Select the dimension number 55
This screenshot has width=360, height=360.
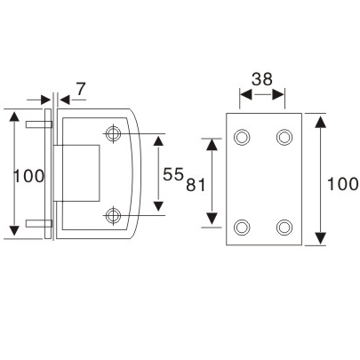click(x=173, y=175)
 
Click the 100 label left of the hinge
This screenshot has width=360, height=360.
click(x=28, y=176)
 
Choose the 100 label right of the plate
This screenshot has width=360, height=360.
click(x=342, y=184)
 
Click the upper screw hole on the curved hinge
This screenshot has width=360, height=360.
click(x=113, y=134)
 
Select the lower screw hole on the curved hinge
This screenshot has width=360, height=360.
click(x=113, y=214)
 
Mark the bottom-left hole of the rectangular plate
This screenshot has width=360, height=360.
click(x=242, y=226)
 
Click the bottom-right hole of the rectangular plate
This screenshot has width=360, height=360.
click(x=284, y=226)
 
